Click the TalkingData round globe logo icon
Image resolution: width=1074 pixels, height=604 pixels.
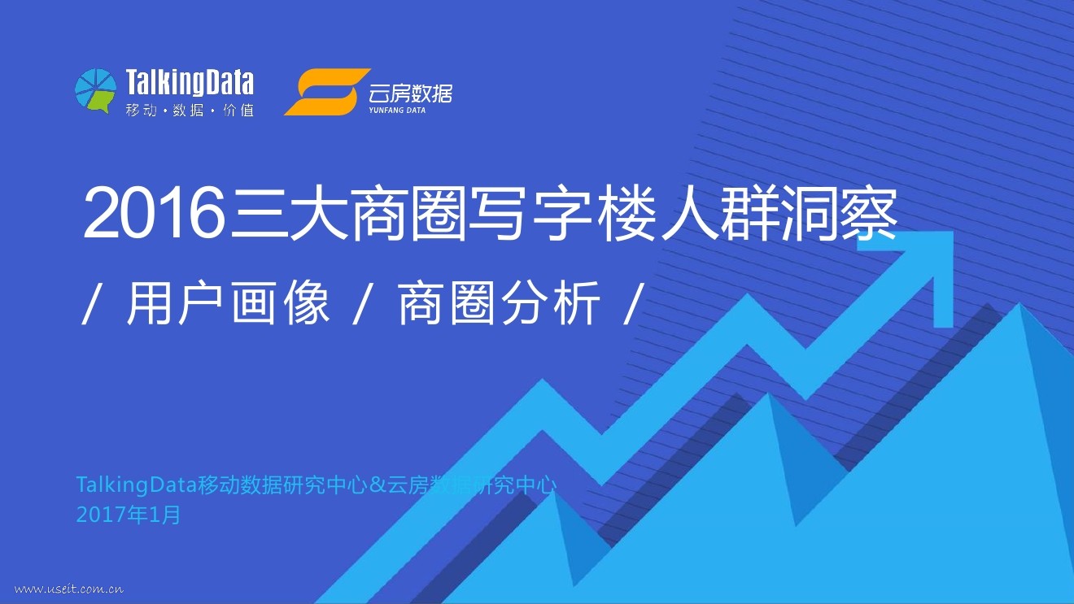point(95,90)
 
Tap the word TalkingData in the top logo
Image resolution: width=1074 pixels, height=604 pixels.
point(190,83)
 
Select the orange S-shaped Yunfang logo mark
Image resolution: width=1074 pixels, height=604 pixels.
point(321,92)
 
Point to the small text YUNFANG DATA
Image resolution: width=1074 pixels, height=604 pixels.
point(397,110)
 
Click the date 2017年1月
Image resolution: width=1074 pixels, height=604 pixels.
point(129,515)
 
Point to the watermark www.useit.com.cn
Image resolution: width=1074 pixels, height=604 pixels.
point(69,589)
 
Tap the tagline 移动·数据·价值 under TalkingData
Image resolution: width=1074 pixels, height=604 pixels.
point(190,110)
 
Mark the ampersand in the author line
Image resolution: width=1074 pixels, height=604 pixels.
point(378,486)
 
